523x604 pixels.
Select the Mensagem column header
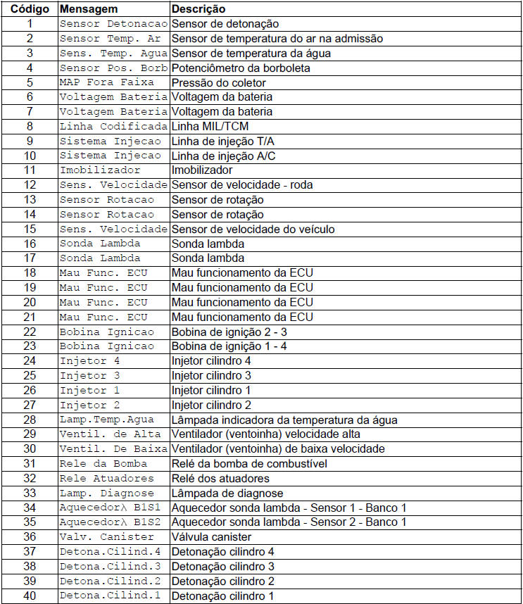pos(87,9)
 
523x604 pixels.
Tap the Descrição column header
pos(199,9)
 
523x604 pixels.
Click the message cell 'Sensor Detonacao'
pos(113,24)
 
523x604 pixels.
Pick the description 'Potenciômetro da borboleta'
pos(241,68)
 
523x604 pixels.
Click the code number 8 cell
pos(30,126)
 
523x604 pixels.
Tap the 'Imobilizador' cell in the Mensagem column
pos(100,170)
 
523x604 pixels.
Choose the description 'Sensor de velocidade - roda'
pos(242,184)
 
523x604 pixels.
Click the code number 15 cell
pos(30,229)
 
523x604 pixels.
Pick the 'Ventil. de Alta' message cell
pos(111,434)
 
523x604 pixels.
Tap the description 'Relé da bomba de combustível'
pos(249,463)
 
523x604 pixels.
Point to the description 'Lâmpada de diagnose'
pos(227,493)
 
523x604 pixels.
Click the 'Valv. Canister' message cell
pos(107,536)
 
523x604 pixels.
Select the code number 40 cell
pos(30,596)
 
